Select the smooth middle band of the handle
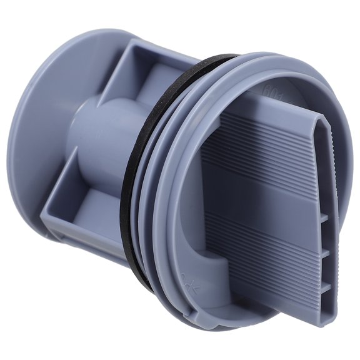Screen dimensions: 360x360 coord(262,187)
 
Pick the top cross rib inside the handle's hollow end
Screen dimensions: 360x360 coord(323,219)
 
